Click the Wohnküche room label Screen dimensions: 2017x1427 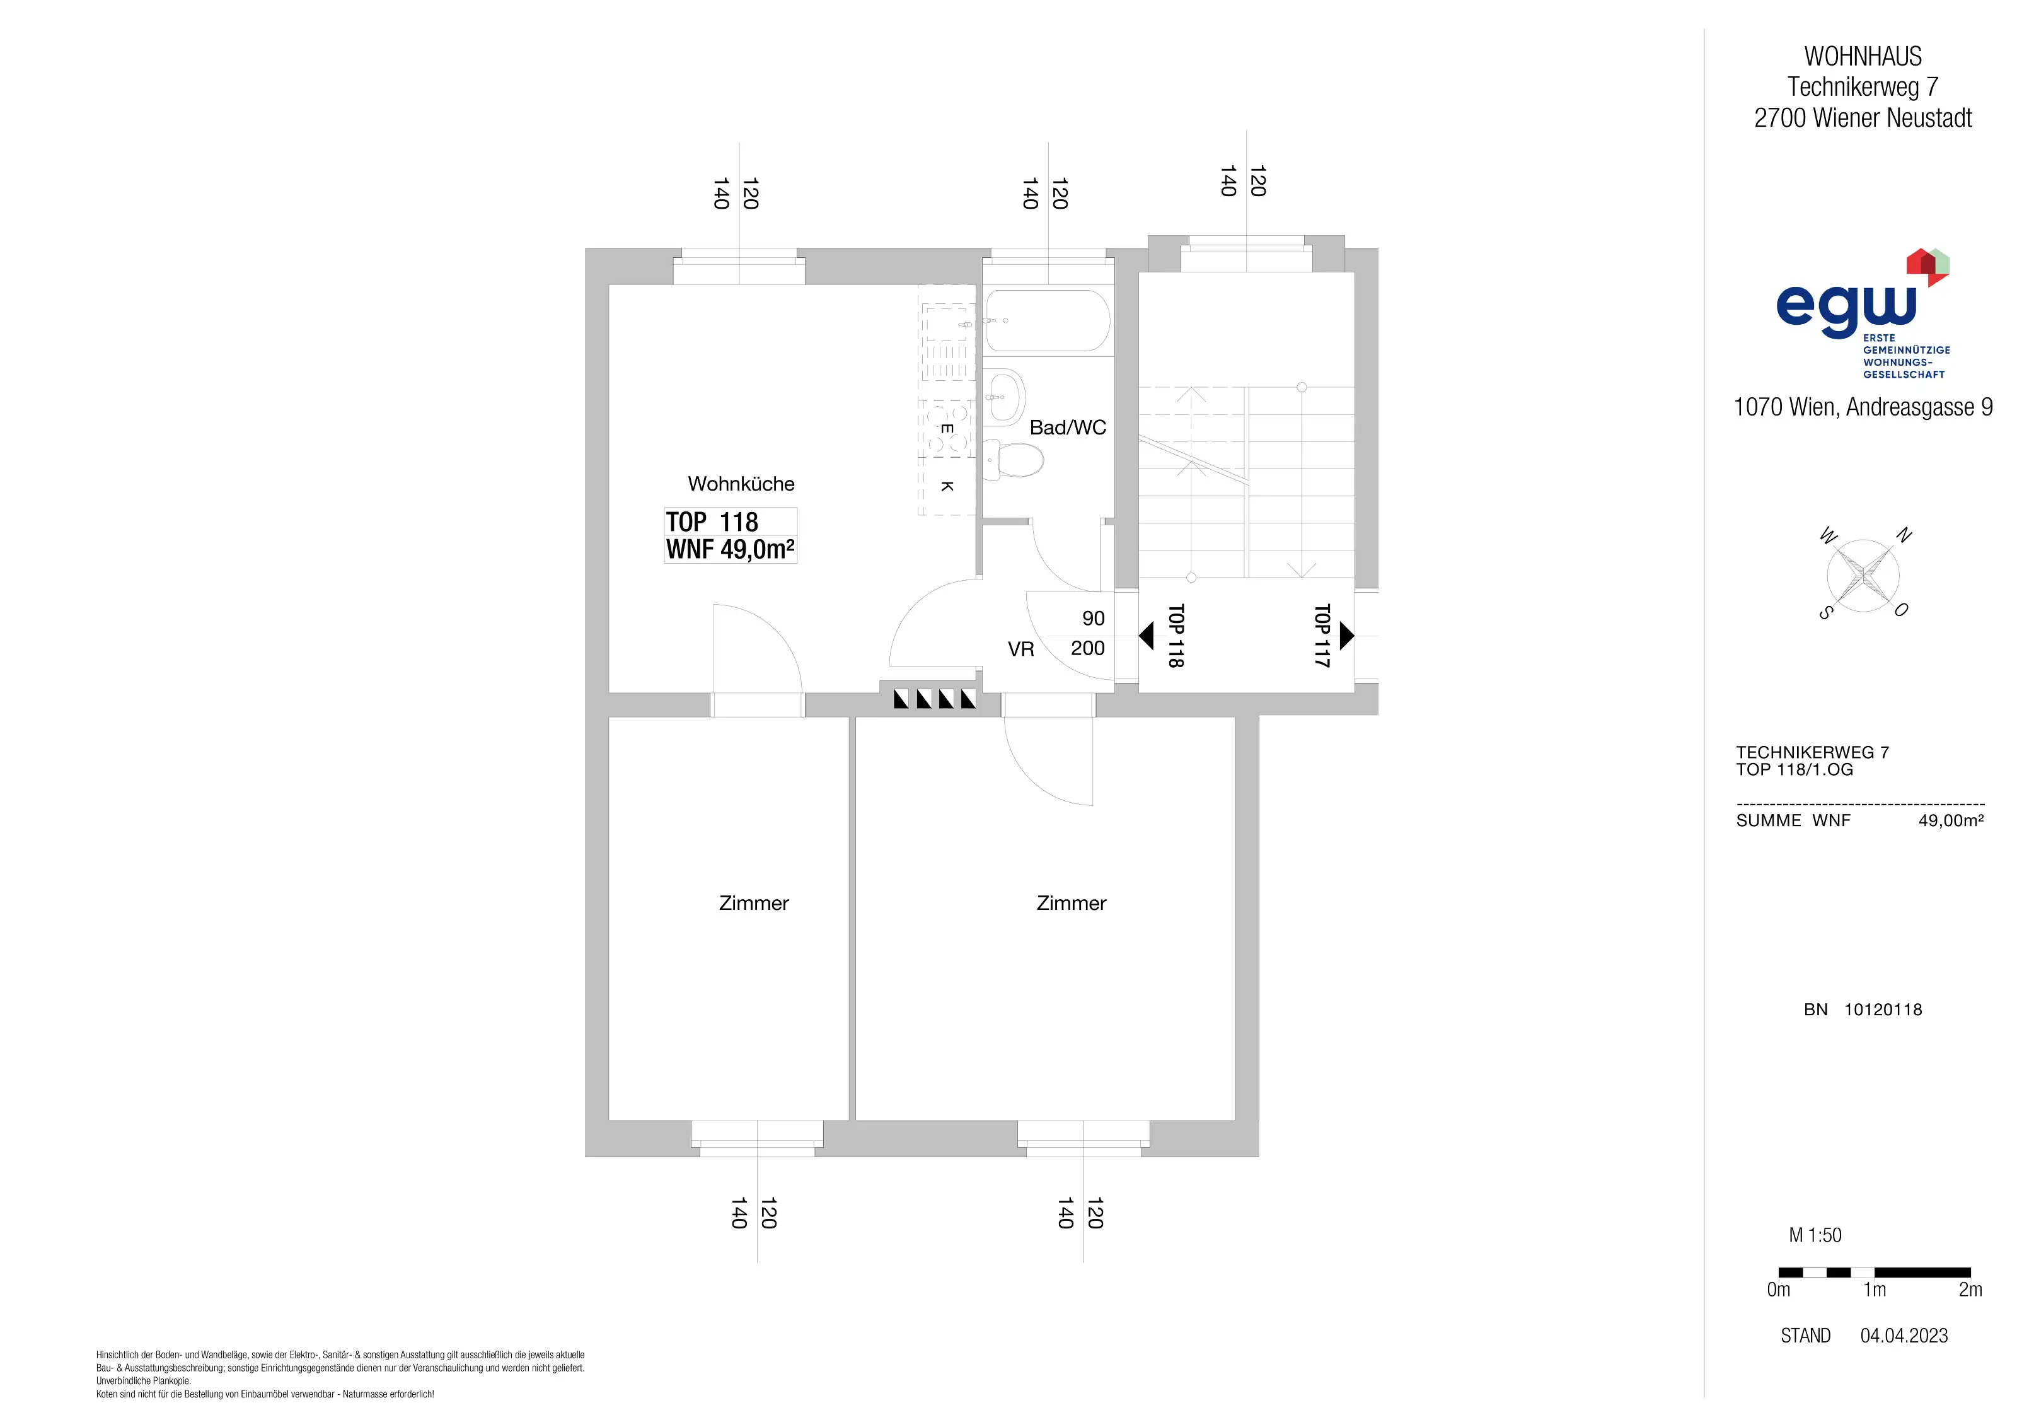741,484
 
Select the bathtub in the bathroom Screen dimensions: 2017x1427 1047,321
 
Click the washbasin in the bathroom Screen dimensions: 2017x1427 1005,397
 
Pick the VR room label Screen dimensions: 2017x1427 1021,649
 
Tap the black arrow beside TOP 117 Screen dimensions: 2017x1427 1347,635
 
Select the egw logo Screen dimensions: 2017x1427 1863,313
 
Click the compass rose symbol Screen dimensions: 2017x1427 1863,576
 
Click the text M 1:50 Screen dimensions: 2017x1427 1815,1235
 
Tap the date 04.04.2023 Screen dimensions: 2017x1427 1904,1336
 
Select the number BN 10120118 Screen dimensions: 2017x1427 1863,1010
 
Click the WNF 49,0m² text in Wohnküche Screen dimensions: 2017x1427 730,549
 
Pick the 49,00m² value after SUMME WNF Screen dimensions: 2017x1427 1951,821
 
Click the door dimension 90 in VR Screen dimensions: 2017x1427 1094,619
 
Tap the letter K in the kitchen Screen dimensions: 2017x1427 947,486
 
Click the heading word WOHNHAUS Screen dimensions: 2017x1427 1863,56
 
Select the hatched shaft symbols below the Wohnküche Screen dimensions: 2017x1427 935,699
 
